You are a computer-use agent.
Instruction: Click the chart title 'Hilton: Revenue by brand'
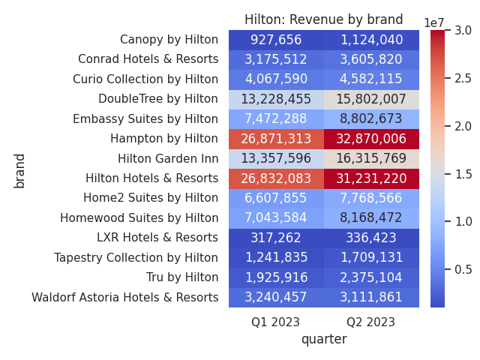click(323, 19)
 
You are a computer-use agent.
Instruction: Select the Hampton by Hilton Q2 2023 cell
click(371, 139)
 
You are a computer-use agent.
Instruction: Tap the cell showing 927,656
click(276, 40)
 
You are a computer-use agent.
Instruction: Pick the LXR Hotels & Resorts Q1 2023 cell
click(276, 238)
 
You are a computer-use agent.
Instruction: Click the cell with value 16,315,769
click(371, 158)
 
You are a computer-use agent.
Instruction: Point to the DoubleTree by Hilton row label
click(158, 99)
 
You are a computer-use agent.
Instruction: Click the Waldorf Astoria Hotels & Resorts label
click(125, 297)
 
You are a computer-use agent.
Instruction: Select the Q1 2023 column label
click(275, 322)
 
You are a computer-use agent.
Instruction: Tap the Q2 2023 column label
click(370, 322)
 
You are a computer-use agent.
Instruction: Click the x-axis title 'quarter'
click(324, 340)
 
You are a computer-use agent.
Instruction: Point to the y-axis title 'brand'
click(19, 171)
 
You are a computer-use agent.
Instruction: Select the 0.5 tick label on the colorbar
click(463, 269)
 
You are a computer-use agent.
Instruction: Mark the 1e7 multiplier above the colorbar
click(433, 23)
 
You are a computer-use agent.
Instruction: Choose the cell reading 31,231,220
click(371, 178)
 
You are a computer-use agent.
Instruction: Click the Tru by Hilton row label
click(182, 277)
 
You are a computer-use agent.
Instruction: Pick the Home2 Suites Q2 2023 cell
click(371, 198)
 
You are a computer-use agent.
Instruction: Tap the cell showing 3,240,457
click(276, 297)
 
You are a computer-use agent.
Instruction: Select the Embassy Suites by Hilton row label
click(145, 118)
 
